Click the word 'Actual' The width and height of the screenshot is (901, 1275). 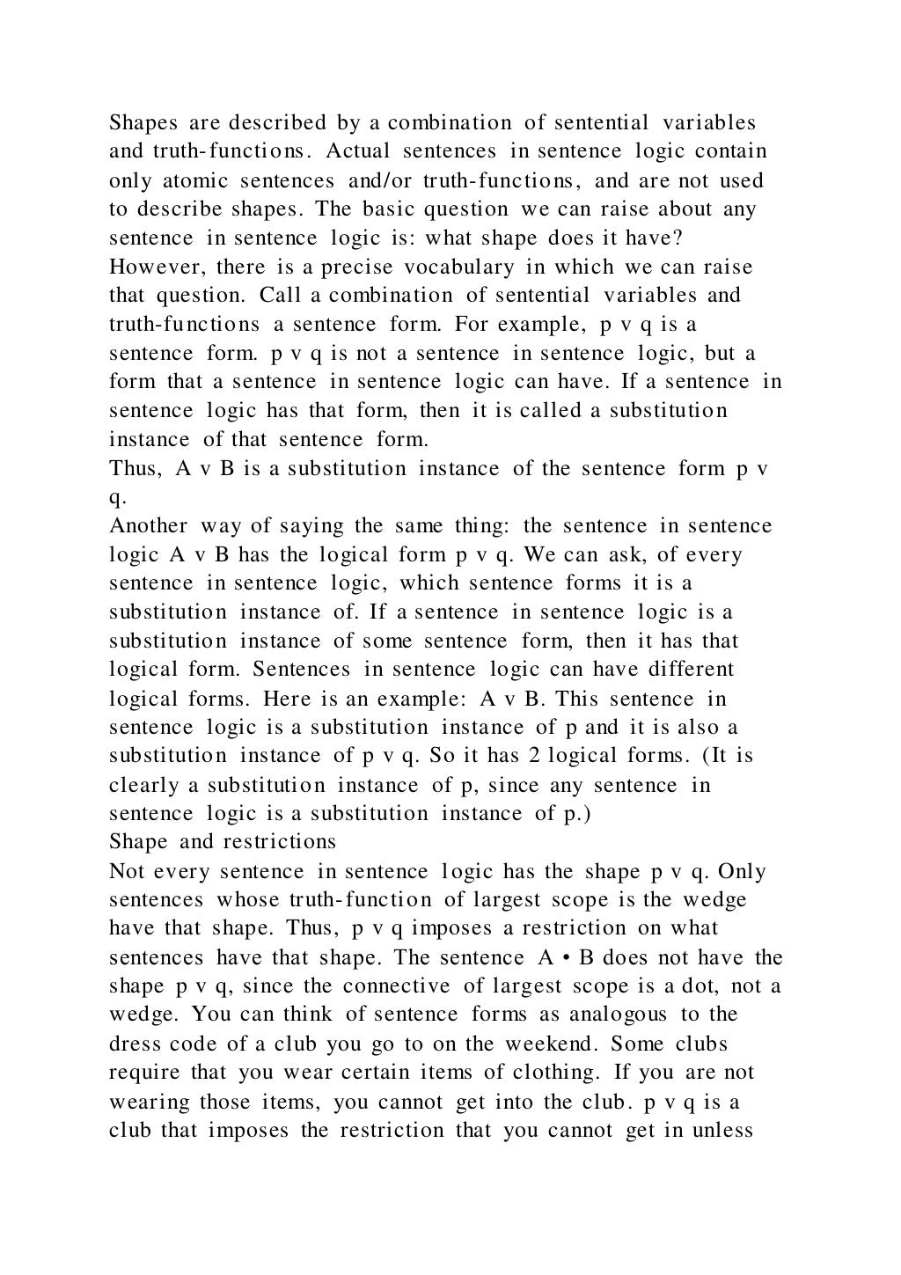[356, 151]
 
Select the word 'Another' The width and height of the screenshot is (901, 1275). [148, 526]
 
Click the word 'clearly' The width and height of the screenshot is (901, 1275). [143, 785]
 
